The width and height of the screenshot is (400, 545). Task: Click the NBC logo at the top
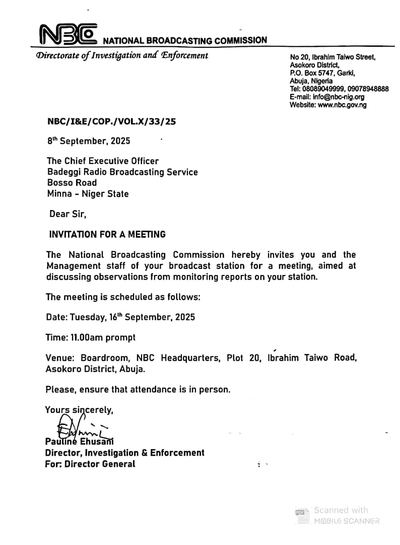pos(68,34)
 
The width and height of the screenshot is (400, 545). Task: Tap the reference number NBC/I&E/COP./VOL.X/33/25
pos(111,122)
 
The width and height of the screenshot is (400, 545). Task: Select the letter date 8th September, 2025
pos(89,141)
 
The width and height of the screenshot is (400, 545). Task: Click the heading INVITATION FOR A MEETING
pos(107,234)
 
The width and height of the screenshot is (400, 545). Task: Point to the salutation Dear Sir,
pos(68,214)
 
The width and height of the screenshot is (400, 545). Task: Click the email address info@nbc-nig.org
pos(338,97)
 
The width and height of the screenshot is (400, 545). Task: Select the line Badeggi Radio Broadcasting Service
pos(122,172)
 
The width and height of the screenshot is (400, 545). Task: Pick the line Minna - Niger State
pos(88,194)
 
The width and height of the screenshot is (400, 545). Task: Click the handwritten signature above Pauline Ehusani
pos(76,426)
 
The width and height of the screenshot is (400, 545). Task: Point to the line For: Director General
pos(90,463)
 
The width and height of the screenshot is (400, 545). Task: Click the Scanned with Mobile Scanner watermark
pos(338,515)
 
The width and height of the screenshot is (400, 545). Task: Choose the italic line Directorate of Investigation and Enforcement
pos(122,56)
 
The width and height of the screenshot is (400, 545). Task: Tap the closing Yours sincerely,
pos(79,410)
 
